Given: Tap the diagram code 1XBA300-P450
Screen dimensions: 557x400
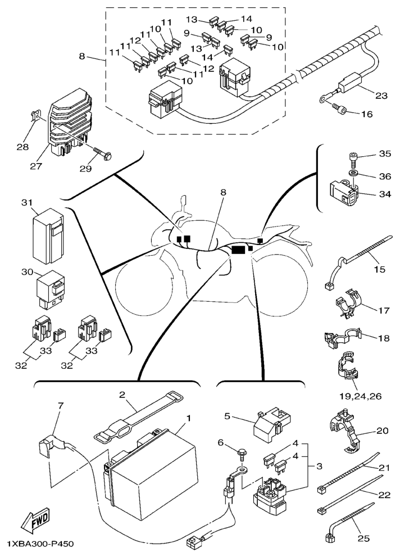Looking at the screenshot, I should tap(40, 545).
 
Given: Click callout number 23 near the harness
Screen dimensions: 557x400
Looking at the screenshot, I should tap(381, 96).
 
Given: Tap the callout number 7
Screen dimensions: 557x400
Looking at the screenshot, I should tap(61, 405).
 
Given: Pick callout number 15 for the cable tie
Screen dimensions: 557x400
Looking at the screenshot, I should tap(380, 269).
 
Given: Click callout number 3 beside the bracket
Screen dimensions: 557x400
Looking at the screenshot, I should tap(319, 467).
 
